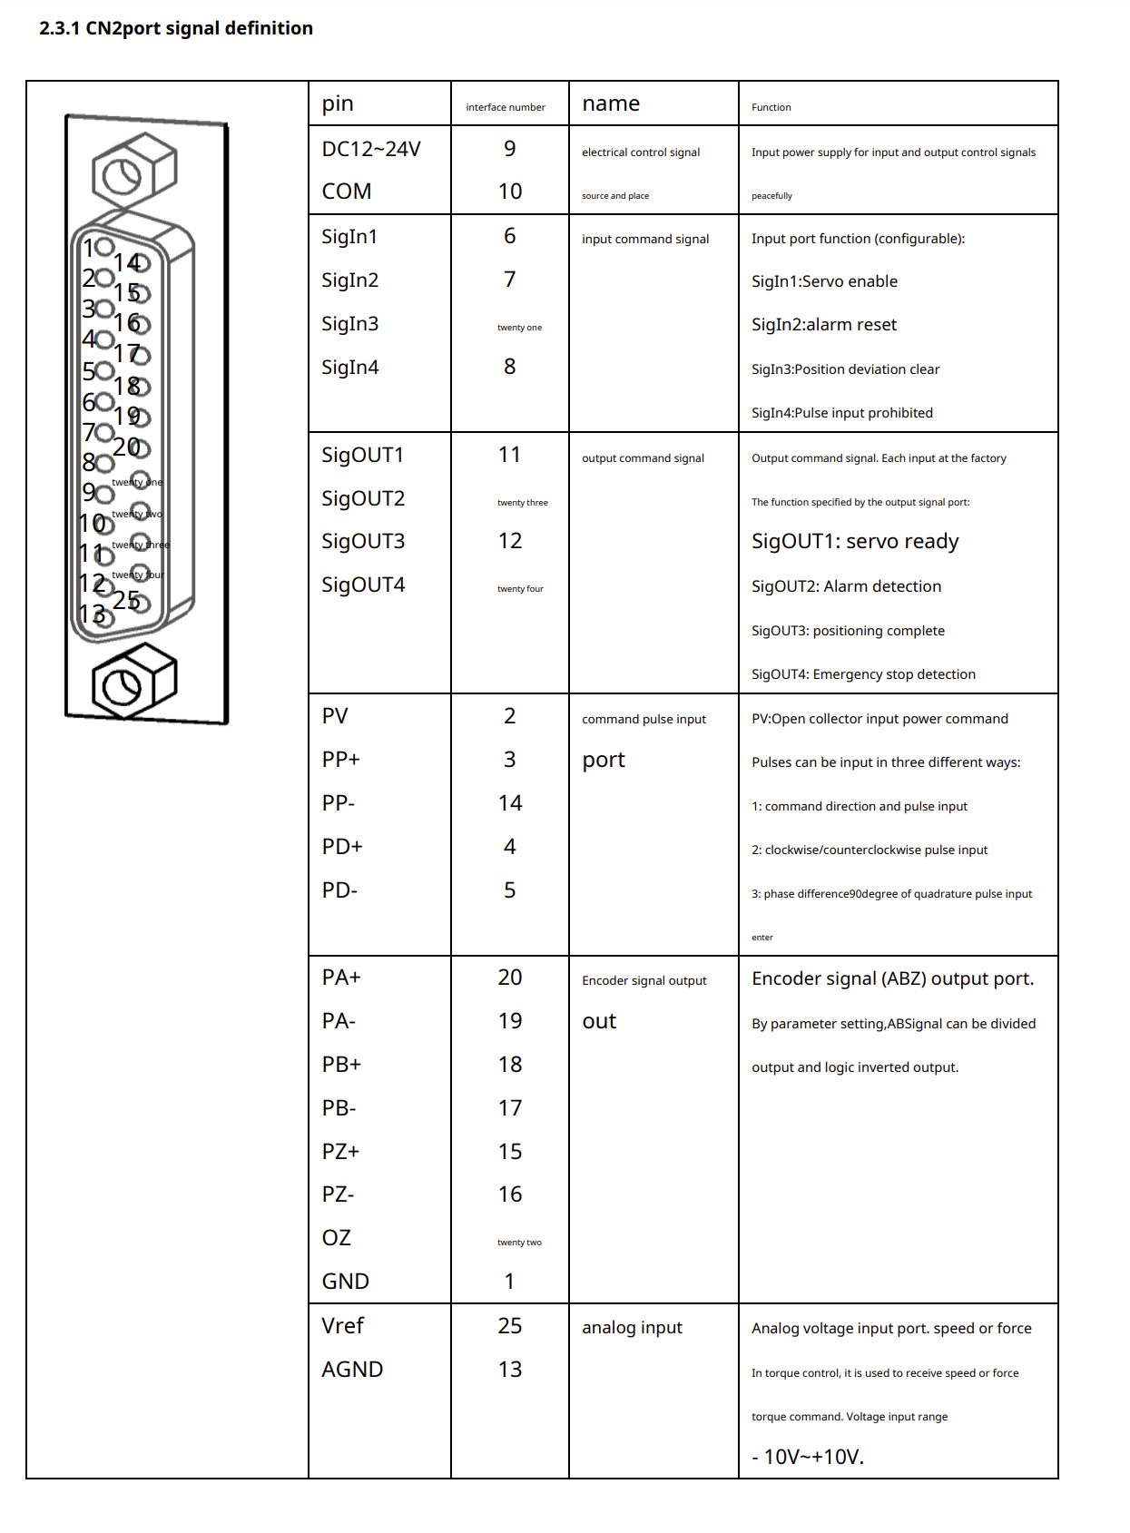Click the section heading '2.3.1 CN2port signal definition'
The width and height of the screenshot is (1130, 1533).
click(x=176, y=28)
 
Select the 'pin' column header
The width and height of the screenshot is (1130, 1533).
click(x=338, y=103)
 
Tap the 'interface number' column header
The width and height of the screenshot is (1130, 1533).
click(x=506, y=107)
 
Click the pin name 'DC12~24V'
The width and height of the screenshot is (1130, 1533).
click(x=371, y=149)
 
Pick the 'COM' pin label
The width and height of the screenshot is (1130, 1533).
click(x=347, y=192)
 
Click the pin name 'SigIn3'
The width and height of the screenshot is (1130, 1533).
click(x=349, y=324)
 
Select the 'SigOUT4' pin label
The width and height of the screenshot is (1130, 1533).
click(x=363, y=585)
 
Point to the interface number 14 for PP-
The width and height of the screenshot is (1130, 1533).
click(x=510, y=803)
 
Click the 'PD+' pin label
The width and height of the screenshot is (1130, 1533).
click(x=342, y=847)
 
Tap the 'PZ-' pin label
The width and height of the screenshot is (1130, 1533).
click(x=338, y=1194)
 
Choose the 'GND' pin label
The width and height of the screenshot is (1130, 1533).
click(x=345, y=1282)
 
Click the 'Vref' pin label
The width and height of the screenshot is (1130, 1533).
click(x=342, y=1326)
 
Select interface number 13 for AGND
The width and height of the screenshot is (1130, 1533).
click(x=510, y=1370)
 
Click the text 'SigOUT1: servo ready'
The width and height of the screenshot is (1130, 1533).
click(x=855, y=542)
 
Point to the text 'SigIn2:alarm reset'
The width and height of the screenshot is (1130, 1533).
click(x=824, y=325)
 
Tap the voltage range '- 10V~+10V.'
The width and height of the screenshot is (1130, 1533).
click(x=808, y=1457)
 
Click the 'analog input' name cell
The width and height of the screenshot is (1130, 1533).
click(x=632, y=1328)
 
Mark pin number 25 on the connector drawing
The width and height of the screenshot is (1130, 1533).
click(x=127, y=600)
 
